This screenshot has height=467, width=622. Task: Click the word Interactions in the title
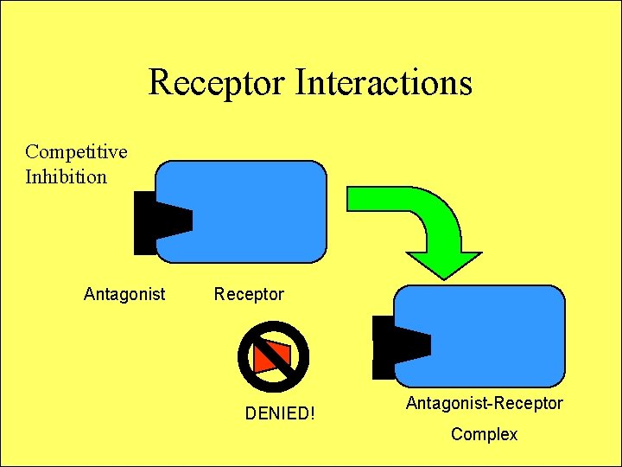pos(384,83)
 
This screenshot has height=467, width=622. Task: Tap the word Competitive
pos(76,152)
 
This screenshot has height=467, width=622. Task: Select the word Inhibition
pos(66,177)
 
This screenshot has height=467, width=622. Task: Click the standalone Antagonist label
pos(124,294)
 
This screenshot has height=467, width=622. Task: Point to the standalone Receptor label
pos(249,294)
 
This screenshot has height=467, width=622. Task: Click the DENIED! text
pos(280,413)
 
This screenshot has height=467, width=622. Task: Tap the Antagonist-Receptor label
pos(484,403)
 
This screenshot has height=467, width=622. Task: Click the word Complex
pos(484,434)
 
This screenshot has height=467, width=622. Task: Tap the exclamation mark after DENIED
pos(312,413)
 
